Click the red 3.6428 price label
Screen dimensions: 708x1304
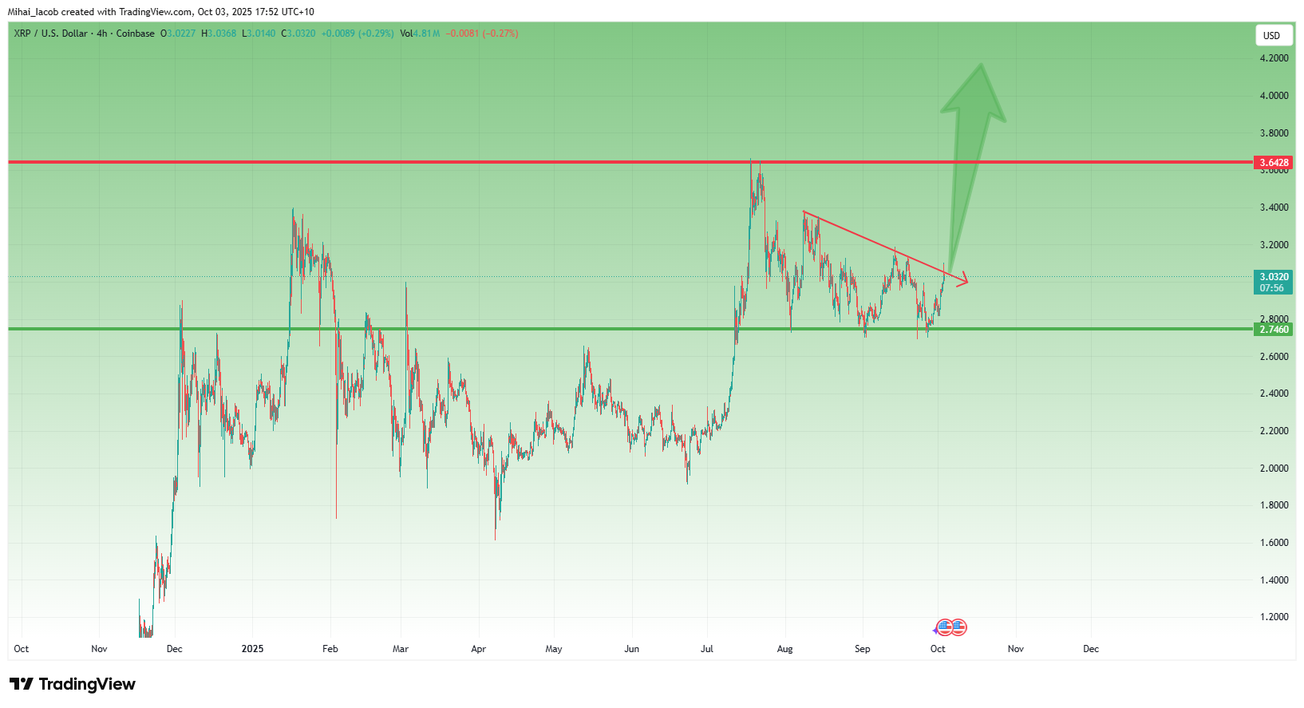(1274, 163)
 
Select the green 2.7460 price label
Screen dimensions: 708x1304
(1274, 330)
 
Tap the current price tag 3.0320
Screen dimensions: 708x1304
(1274, 277)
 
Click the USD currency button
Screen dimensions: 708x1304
(1271, 35)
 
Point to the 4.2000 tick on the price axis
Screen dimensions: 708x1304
(1274, 58)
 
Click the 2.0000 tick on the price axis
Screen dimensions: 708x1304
(1274, 469)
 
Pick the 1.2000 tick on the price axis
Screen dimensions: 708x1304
(1274, 617)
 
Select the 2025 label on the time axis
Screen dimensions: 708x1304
(252, 649)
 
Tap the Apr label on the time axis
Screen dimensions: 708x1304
(478, 649)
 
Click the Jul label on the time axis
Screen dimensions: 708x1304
(707, 649)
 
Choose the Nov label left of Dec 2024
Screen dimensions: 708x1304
(99, 649)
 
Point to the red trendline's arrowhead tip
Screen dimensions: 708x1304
(967, 280)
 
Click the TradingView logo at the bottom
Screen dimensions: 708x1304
(73, 684)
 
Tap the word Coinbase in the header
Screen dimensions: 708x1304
(136, 34)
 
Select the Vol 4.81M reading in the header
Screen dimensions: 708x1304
(420, 34)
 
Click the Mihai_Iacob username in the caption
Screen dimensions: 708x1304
(33, 12)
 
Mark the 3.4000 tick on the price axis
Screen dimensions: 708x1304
(1274, 208)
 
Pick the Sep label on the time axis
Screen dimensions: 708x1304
(862, 649)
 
